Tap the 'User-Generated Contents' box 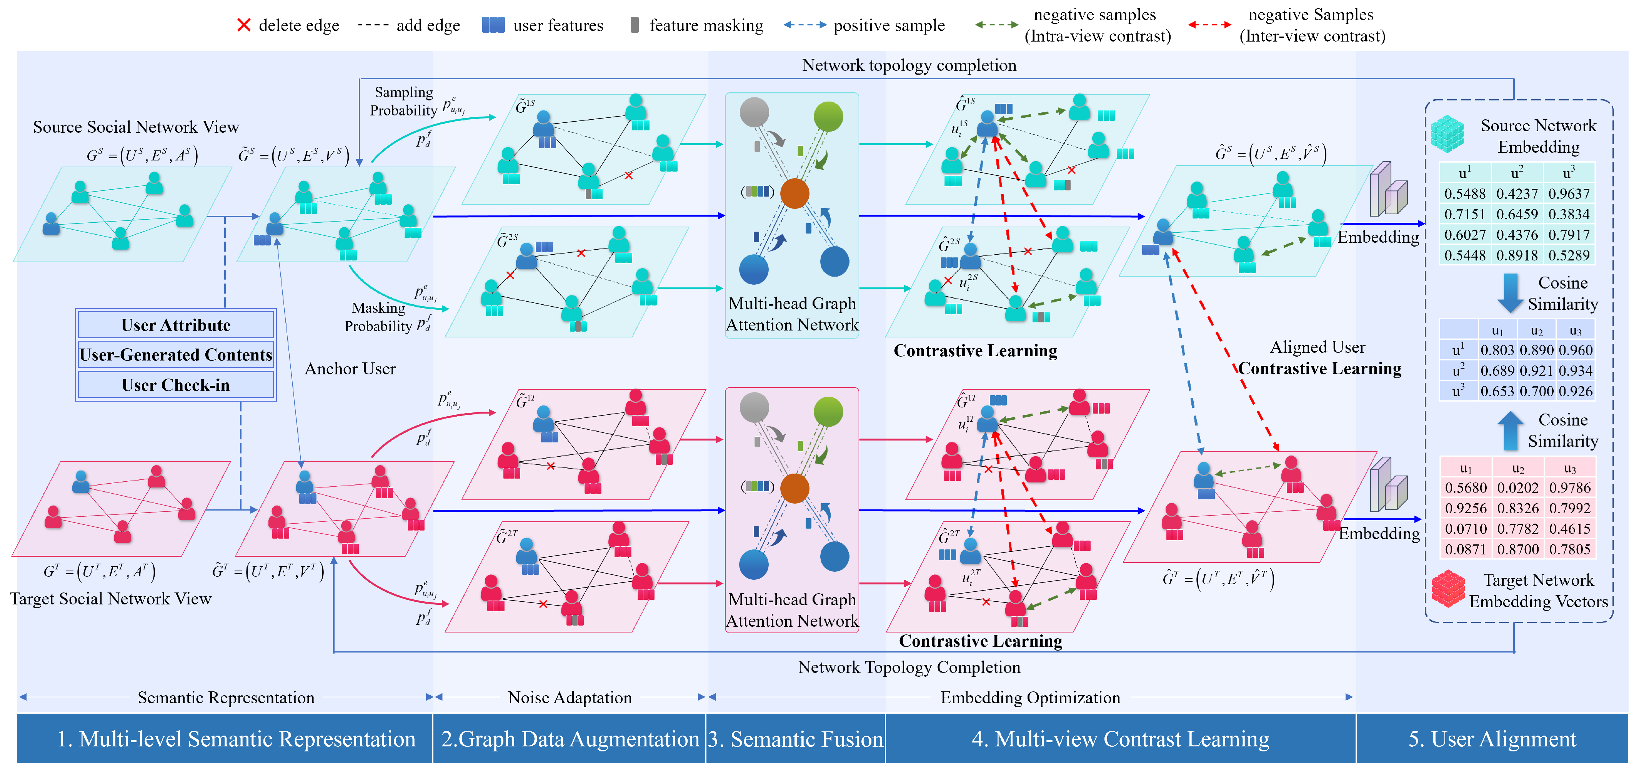point(176,355)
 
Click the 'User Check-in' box point(176,385)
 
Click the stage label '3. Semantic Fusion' point(795,739)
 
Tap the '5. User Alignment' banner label point(1492,739)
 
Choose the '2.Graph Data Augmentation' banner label point(570,739)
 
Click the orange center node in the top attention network point(794,193)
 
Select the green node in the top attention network point(828,117)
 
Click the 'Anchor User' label point(350,369)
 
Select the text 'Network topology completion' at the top point(909,65)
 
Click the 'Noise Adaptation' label point(570,698)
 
